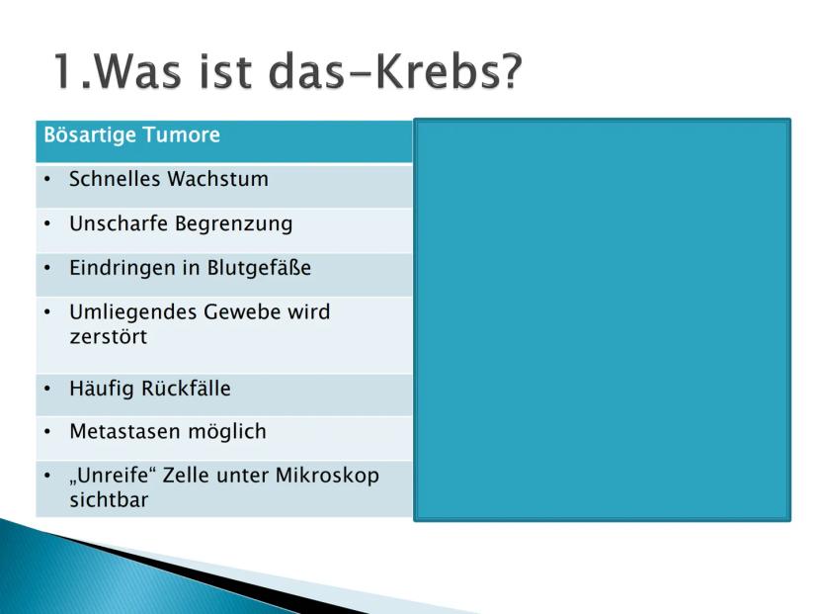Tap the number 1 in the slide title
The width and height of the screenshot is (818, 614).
pos(64,71)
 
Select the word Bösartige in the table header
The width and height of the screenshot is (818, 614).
pos(90,135)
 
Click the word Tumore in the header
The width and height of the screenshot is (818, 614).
pos(181,134)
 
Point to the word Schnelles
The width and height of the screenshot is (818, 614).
pos(115,179)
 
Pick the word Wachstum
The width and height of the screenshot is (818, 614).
pos(218,179)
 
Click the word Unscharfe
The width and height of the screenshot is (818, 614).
pos(119,223)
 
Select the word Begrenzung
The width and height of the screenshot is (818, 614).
pos(234,224)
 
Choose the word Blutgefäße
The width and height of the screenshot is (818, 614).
pos(259,268)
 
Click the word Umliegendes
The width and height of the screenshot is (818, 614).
pos(133,312)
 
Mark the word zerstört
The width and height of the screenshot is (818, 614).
pos(109,337)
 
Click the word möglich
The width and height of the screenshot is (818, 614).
pos(227,432)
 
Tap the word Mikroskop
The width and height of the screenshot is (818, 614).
pos(327,477)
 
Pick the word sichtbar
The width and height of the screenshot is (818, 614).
pos(109,499)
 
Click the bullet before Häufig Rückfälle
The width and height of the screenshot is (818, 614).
pos(47,389)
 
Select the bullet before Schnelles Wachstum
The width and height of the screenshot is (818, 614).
pos(47,180)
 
